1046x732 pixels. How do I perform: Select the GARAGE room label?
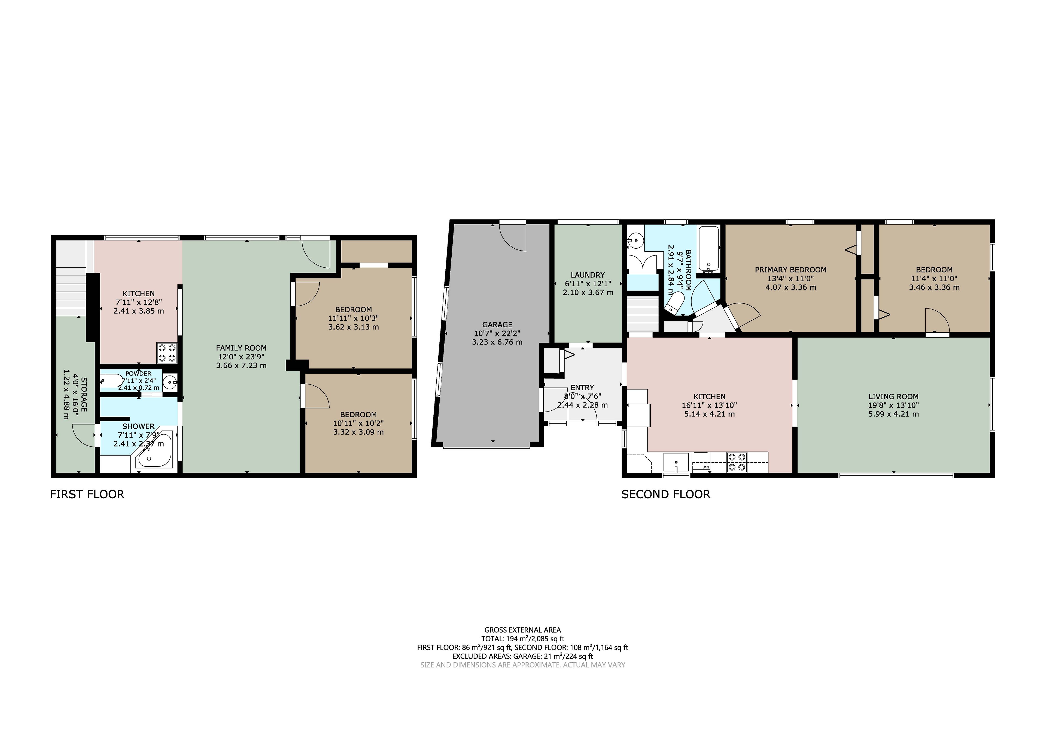tap(497, 325)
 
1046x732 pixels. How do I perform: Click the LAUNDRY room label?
tap(588, 275)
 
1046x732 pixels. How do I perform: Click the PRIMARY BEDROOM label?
tap(790, 270)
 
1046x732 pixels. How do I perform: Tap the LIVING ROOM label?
tap(893, 397)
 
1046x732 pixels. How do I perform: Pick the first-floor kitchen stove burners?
tap(167, 353)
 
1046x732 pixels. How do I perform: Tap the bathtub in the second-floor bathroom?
tap(709, 249)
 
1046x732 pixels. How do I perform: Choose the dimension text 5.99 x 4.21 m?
tap(893, 414)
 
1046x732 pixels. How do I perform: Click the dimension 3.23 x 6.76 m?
tap(497, 342)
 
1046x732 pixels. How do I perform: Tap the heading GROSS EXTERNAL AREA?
tap(522, 630)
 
